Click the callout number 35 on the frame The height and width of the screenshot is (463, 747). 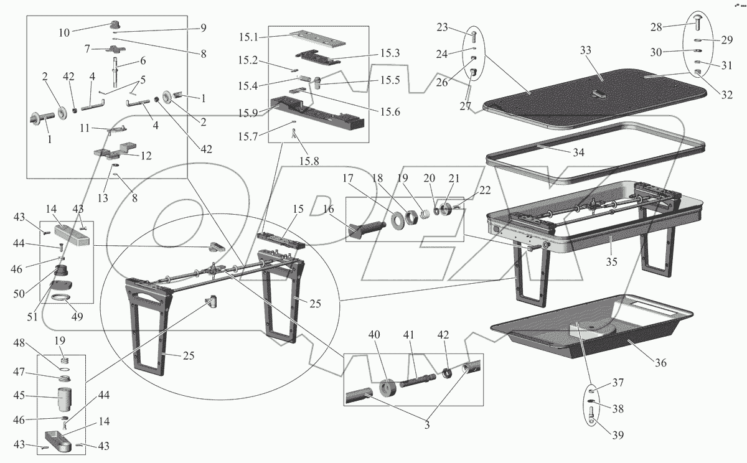pos(612,262)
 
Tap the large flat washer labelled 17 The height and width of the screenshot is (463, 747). pos(396,219)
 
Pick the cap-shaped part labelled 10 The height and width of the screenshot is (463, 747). pos(115,25)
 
